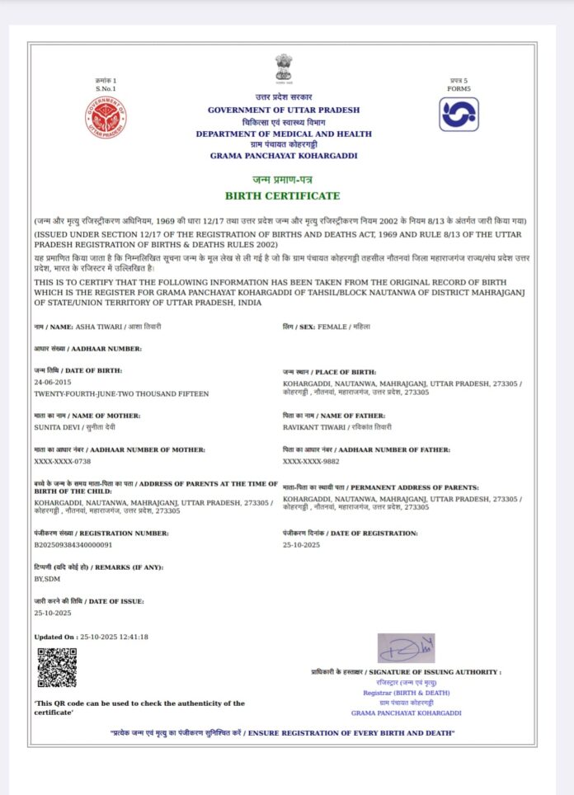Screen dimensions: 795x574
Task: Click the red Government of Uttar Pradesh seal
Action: [106, 117]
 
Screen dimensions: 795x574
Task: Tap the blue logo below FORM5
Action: [458, 114]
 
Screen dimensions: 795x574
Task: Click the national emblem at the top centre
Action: [284, 68]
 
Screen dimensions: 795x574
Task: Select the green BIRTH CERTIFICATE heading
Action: [283, 195]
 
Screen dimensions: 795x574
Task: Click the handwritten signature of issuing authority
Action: [406, 648]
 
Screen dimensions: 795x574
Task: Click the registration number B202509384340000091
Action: [73, 545]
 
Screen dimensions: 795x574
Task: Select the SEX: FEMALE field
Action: [325, 327]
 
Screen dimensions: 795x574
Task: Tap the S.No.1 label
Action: [106, 88]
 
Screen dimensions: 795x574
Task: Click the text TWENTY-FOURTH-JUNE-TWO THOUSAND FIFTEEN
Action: [121, 394]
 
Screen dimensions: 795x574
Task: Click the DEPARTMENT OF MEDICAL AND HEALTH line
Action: [284, 134]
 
